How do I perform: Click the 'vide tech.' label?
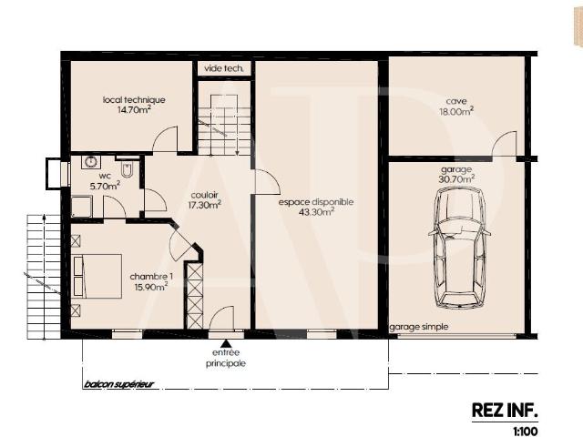tap(224, 68)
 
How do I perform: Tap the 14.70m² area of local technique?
tap(134, 109)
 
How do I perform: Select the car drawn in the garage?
tap(459, 248)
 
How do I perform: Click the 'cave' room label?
tap(456, 101)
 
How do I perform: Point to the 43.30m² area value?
tap(316, 212)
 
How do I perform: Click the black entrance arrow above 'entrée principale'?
tap(225, 343)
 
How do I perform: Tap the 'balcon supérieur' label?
tap(118, 384)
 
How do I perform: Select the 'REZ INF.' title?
tap(505, 411)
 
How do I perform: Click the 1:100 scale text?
tap(526, 431)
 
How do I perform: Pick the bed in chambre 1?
tap(97, 277)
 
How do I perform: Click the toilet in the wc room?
tap(127, 169)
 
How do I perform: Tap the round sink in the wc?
tap(90, 162)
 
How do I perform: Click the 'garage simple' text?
tap(419, 327)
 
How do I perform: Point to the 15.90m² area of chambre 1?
tap(150, 287)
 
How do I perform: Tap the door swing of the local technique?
tap(165, 139)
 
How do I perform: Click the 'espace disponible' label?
tap(316, 202)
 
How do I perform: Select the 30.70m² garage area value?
tap(456, 179)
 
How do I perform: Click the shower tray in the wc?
tap(82, 207)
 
